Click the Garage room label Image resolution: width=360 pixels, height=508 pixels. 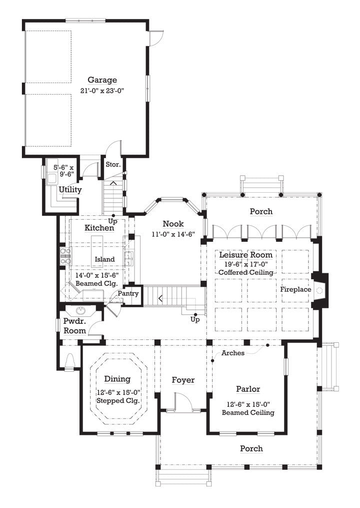tap(102, 80)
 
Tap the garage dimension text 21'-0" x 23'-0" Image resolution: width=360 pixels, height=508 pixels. tap(102, 91)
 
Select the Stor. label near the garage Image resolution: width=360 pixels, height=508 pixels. tap(112, 164)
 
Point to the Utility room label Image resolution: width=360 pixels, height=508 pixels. tap(70, 190)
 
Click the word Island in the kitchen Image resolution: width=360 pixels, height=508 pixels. tap(105, 259)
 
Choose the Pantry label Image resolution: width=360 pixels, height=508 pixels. tap(128, 294)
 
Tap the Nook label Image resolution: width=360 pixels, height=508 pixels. tap(173, 224)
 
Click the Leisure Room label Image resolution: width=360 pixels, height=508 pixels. tap(246, 255)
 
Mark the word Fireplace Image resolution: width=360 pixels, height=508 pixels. tap(295, 289)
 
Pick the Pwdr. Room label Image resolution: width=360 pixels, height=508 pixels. tap(74, 326)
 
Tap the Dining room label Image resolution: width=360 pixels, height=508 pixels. tap(117, 379)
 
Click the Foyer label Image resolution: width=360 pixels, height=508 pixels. tap(183, 380)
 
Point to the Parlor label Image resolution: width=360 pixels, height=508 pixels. tap(248, 388)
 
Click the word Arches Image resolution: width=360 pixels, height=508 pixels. tap(233, 353)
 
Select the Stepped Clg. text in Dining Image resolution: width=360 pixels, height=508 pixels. tap(118, 401)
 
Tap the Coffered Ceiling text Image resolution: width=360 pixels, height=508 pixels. tap(246, 272)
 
